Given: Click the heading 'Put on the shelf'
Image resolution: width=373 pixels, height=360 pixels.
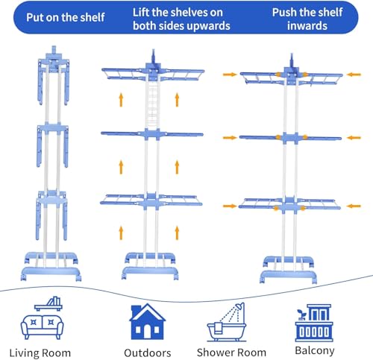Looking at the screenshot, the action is click(66, 17).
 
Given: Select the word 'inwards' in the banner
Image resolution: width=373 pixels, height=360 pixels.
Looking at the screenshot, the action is click(307, 26).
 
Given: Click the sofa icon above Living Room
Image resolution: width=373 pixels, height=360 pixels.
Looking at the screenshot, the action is click(42, 326).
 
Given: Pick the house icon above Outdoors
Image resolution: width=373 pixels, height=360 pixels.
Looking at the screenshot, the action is click(148, 321).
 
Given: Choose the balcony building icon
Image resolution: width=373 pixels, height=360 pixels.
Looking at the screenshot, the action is click(314, 323).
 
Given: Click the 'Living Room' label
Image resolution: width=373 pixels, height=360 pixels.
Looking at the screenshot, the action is click(40, 353).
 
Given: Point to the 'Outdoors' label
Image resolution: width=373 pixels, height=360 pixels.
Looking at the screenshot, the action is click(148, 353).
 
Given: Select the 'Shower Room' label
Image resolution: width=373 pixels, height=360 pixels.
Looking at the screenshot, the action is click(231, 353).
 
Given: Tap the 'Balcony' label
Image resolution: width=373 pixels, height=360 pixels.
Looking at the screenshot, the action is click(315, 350).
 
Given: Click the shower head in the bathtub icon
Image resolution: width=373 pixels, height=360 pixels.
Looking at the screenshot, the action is click(239, 306).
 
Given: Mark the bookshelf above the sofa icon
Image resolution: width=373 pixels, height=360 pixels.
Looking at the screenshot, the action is click(48, 303).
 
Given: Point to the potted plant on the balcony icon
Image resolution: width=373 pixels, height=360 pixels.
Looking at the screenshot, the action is click(302, 315).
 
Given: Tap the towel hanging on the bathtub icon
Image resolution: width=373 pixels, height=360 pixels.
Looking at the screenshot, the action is click(219, 329).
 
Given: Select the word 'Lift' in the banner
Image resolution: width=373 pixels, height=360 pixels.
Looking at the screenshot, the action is click(141, 13).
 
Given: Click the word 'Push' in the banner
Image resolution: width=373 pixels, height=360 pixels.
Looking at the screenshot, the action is click(284, 13).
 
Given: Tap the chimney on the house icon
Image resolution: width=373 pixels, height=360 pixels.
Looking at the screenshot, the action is click(134, 311).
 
